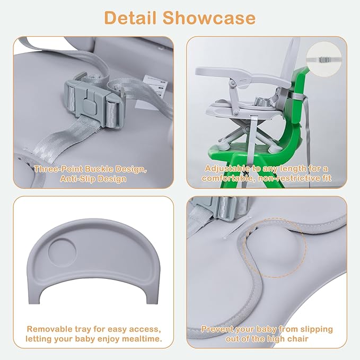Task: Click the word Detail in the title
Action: [130, 17]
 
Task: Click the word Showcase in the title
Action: [209, 17]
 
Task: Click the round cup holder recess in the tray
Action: [62, 252]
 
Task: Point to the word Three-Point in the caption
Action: [58, 170]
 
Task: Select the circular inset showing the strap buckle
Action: [324, 59]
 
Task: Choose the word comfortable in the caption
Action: [229, 179]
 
